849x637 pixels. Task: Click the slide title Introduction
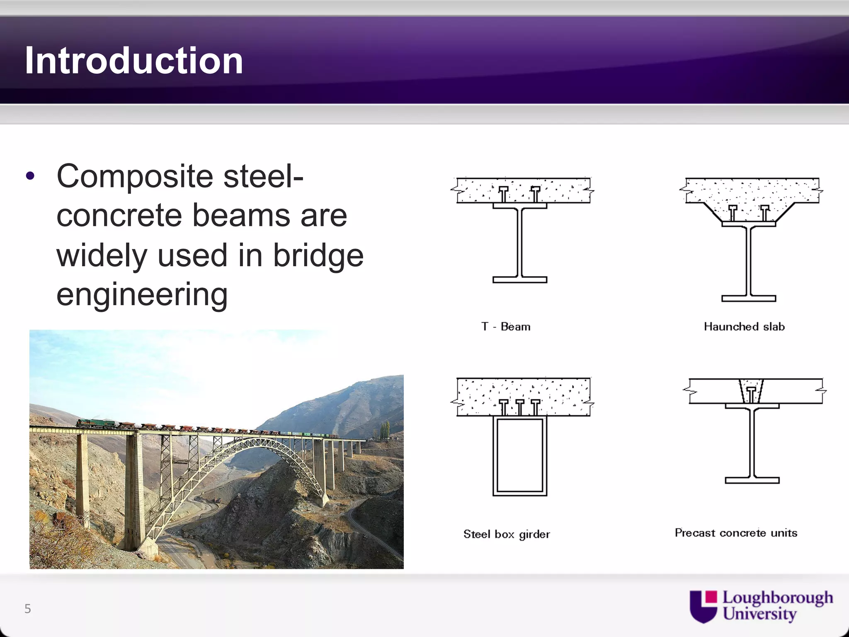(x=133, y=61)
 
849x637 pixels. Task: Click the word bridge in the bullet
(x=318, y=255)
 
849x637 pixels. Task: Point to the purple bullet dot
(x=30, y=176)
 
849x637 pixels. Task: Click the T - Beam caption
(x=506, y=327)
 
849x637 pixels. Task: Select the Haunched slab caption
(x=744, y=327)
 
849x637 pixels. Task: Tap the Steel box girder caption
(x=507, y=534)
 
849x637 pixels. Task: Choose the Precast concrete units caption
(x=736, y=533)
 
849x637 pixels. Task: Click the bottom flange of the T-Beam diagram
(x=519, y=280)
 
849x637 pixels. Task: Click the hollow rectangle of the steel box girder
(x=519, y=456)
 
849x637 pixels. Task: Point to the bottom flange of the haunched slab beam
(x=748, y=298)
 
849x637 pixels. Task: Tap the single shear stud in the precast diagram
(x=751, y=394)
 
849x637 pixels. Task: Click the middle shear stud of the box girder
(x=519, y=407)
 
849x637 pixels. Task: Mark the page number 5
(x=28, y=609)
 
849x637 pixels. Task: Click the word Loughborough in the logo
(x=777, y=598)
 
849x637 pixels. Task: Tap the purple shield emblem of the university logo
(x=703, y=606)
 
